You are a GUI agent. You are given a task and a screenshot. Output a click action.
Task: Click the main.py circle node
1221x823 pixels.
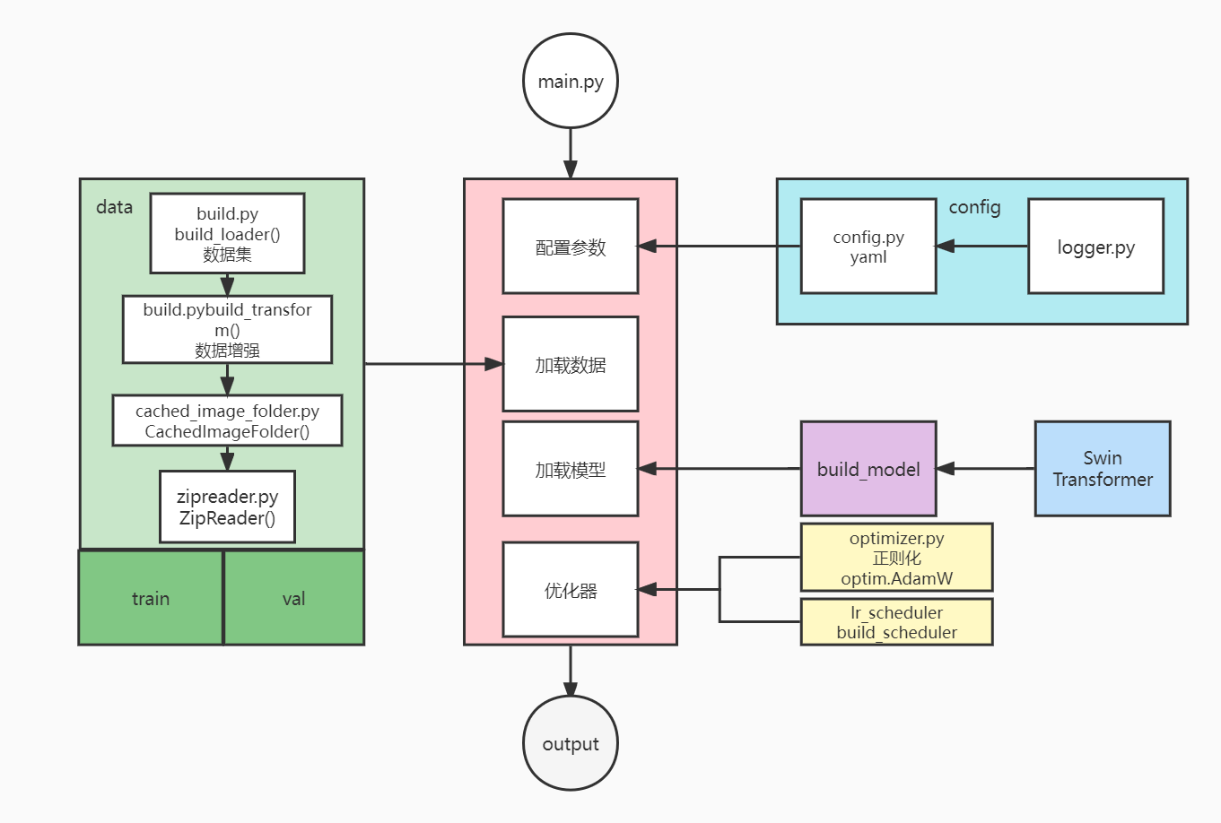(x=570, y=81)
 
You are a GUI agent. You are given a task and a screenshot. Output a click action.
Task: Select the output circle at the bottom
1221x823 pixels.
(x=570, y=743)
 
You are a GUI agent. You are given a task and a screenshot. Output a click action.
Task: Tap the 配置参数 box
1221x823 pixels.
(x=570, y=247)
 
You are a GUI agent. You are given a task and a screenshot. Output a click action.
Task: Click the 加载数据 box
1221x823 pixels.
(x=570, y=364)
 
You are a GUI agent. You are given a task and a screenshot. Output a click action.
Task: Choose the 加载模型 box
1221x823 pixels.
(x=570, y=469)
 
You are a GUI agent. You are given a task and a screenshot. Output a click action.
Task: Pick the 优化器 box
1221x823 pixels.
(x=570, y=590)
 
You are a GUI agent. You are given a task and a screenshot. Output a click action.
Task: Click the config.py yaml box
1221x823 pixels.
(x=868, y=247)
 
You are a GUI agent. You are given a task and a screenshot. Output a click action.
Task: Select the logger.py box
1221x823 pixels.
(x=1095, y=247)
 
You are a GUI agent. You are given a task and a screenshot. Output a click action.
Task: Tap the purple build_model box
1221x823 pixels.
(x=868, y=469)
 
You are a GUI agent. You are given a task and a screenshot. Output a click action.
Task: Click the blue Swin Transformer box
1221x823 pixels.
(x=1102, y=469)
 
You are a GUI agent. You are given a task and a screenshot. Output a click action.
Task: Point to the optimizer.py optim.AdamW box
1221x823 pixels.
(x=896, y=558)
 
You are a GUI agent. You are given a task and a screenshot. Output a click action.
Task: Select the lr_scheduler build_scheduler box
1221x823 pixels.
(x=896, y=622)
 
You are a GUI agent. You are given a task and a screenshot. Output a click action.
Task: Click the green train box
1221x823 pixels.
(x=150, y=598)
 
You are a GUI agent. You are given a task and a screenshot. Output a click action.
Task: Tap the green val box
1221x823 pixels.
(x=293, y=598)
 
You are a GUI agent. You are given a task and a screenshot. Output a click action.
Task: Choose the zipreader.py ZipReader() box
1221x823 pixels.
(x=227, y=507)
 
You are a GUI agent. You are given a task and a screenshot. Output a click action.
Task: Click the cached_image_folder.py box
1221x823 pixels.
(x=227, y=420)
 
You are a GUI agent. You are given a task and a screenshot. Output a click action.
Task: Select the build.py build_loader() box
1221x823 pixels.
(x=227, y=233)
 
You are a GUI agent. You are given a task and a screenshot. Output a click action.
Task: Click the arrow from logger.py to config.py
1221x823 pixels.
(x=982, y=246)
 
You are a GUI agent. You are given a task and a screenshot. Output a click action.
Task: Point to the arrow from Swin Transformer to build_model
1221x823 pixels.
(x=985, y=468)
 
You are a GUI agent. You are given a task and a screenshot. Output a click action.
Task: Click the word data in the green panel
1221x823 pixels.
(x=114, y=207)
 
